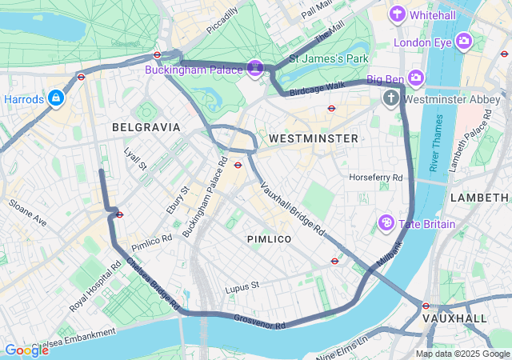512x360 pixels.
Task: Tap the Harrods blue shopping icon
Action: click(55, 98)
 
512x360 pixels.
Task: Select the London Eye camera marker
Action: click(464, 41)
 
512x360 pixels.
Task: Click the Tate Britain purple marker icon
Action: click(386, 222)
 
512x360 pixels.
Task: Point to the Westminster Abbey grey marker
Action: click(390, 99)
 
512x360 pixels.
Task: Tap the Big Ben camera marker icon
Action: click(416, 78)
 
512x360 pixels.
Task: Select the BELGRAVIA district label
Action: click(146, 127)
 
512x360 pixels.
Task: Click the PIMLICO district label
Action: click(269, 239)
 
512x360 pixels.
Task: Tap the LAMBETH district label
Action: click(479, 198)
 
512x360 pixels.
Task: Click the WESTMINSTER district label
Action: click(314, 138)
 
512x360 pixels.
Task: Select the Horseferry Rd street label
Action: click(375, 177)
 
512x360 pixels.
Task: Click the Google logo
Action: click(26, 350)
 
